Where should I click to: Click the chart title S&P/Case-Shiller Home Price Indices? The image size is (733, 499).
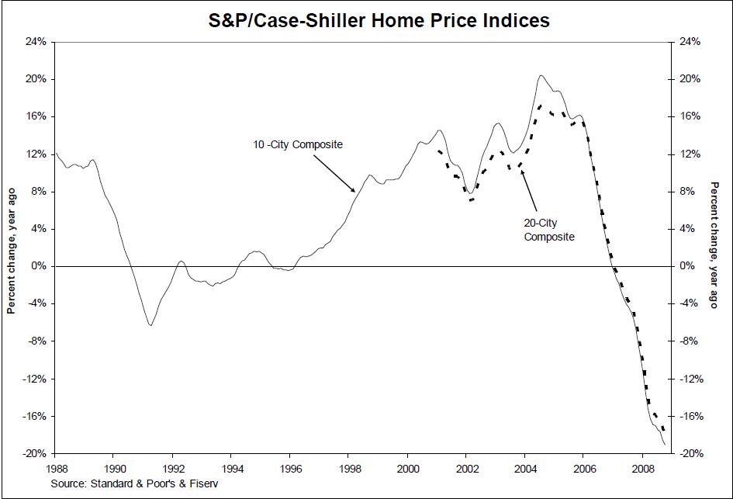pyautogui.click(x=379, y=21)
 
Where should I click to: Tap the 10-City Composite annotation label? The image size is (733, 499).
pyautogui.click(x=298, y=144)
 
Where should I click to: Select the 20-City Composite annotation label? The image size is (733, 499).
pyautogui.click(x=549, y=230)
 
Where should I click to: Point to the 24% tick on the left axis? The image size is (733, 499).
pyautogui.click(x=36, y=42)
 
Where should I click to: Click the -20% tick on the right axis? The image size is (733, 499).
pyautogui.click(x=690, y=453)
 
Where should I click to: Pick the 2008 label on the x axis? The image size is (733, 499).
pyautogui.click(x=643, y=469)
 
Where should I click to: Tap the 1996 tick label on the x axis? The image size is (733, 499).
pyautogui.click(x=290, y=469)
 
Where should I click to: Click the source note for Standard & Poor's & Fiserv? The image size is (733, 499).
pyautogui.click(x=135, y=483)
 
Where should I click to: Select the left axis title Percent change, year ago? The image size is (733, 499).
pyautogui.click(x=11, y=251)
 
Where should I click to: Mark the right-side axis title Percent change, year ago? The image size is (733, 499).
pyautogui.click(x=714, y=245)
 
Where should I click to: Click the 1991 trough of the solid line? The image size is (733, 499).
pyautogui.click(x=150, y=325)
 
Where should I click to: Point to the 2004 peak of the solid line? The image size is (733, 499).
pyautogui.click(x=541, y=75)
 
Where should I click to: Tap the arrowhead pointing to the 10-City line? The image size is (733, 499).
pyautogui.click(x=354, y=190)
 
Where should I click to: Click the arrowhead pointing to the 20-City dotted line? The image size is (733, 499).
pyautogui.click(x=522, y=172)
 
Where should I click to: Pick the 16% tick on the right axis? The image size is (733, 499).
pyautogui.click(x=690, y=116)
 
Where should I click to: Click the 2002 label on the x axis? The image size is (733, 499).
pyautogui.click(x=466, y=469)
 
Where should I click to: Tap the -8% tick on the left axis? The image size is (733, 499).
pyautogui.click(x=36, y=341)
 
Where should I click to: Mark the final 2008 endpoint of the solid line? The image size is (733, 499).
pyautogui.click(x=666, y=444)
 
